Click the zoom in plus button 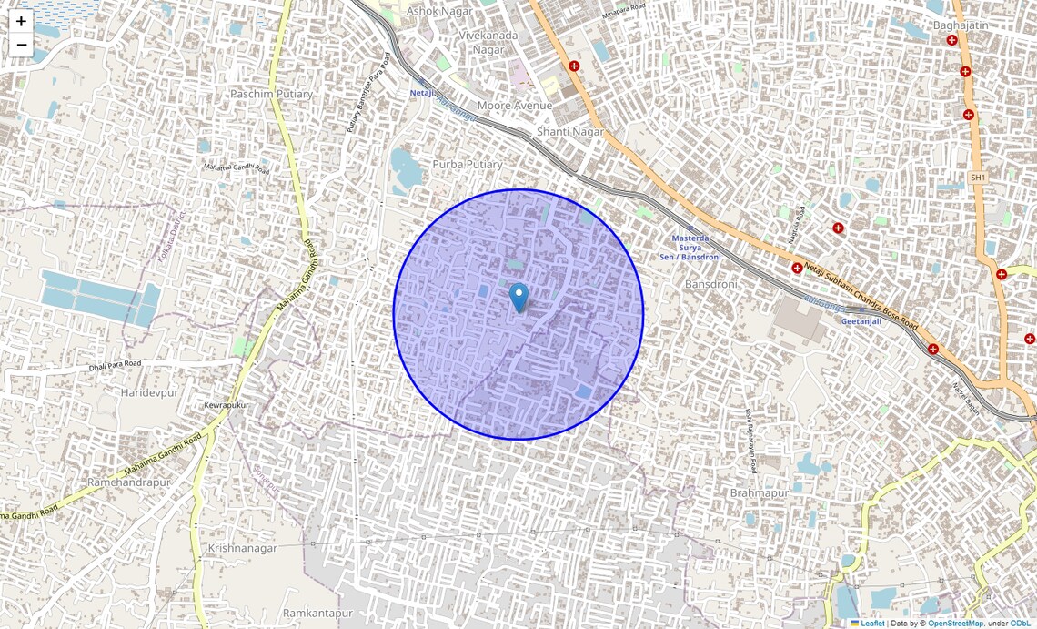tap(21, 21)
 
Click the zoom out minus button tap(21, 45)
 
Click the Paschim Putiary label tap(271, 94)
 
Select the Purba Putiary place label tap(468, 164)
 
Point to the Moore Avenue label tap(515, 106)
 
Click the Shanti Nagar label tap(570, 131)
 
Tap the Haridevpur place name tap(149, 392)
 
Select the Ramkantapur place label tap(317, 614)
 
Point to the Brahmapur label tap(760, 492)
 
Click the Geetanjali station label tap(861, 321)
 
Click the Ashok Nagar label tap(435, 11)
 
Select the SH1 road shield tap(978, 177)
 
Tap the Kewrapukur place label tap(227, 404)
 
